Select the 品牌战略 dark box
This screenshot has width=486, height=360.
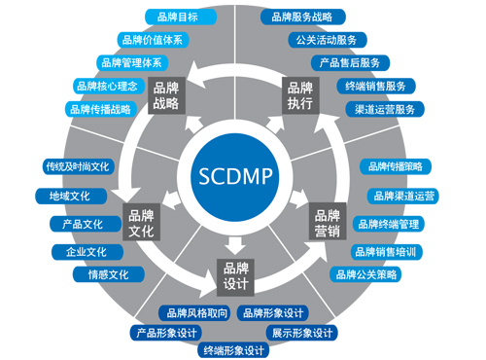(x=166, y=94)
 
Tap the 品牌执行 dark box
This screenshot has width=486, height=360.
(x=299, y=94)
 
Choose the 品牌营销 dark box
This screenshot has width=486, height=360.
(x=326, y=224)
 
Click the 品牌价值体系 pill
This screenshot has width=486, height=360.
(x=152, y=40)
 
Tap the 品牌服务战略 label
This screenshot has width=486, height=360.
(x=301, y=17)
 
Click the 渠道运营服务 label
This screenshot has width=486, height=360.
(x=386, y=109)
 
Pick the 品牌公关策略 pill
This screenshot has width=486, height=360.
(x=366, y=274)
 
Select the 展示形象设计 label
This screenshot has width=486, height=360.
(x=302, y=333)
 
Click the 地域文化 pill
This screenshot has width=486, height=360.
(x=69, y=196)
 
